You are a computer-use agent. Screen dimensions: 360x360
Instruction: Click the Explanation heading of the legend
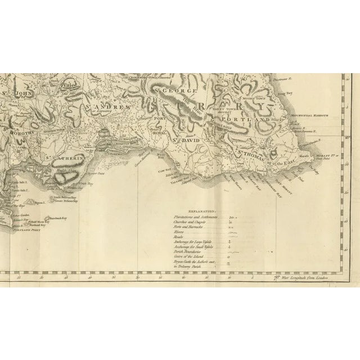(x=200, y=210)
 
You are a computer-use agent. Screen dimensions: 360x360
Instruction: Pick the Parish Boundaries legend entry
(x=185, y=251)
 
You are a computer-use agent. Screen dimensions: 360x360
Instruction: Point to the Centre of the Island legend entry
(x=186, y=256)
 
